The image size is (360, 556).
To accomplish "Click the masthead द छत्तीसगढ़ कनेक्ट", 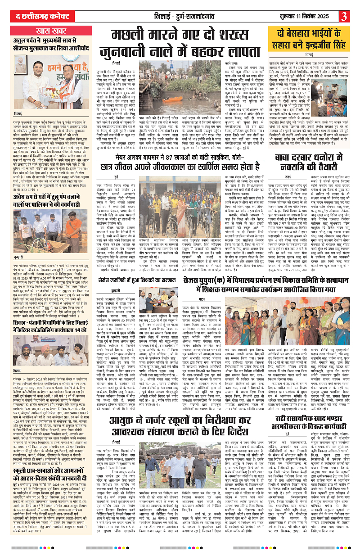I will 35,16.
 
